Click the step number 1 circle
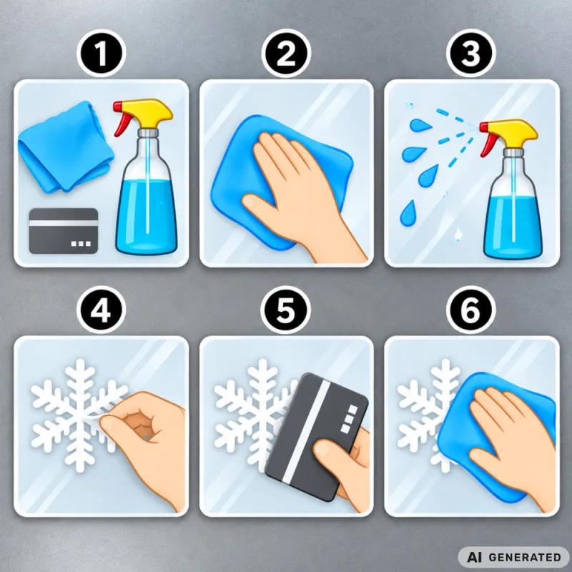(101, 53)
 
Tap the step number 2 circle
(286, 53)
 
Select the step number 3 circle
(470, 53)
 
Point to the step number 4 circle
(101, 310)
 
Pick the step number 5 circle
(286, 310)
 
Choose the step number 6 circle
(470, 310)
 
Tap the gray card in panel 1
(64, 230)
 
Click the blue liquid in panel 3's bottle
(513, 226)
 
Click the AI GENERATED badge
(513, 557)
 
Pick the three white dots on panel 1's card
(81, 243)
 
